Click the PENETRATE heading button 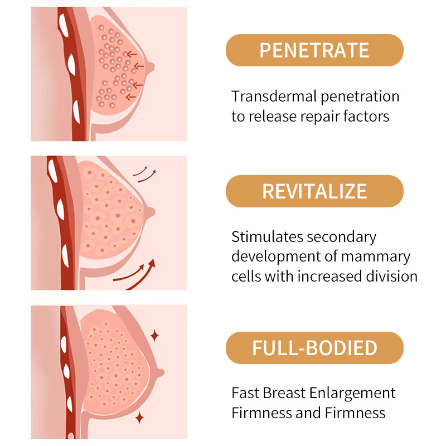pyautogui.click(x=314, y=50)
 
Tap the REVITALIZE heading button pyautogui.click(x=314, y=191)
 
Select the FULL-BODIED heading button pyautogui.click(x=314, y=348)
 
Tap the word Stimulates pyautogui.click(x=267, y=237)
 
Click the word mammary pyautogui.click(x=382, y=256)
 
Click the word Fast pyautogui.click(x=246, y=393)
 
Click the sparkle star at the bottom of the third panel pyautogui.click(x=139, y=417)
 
